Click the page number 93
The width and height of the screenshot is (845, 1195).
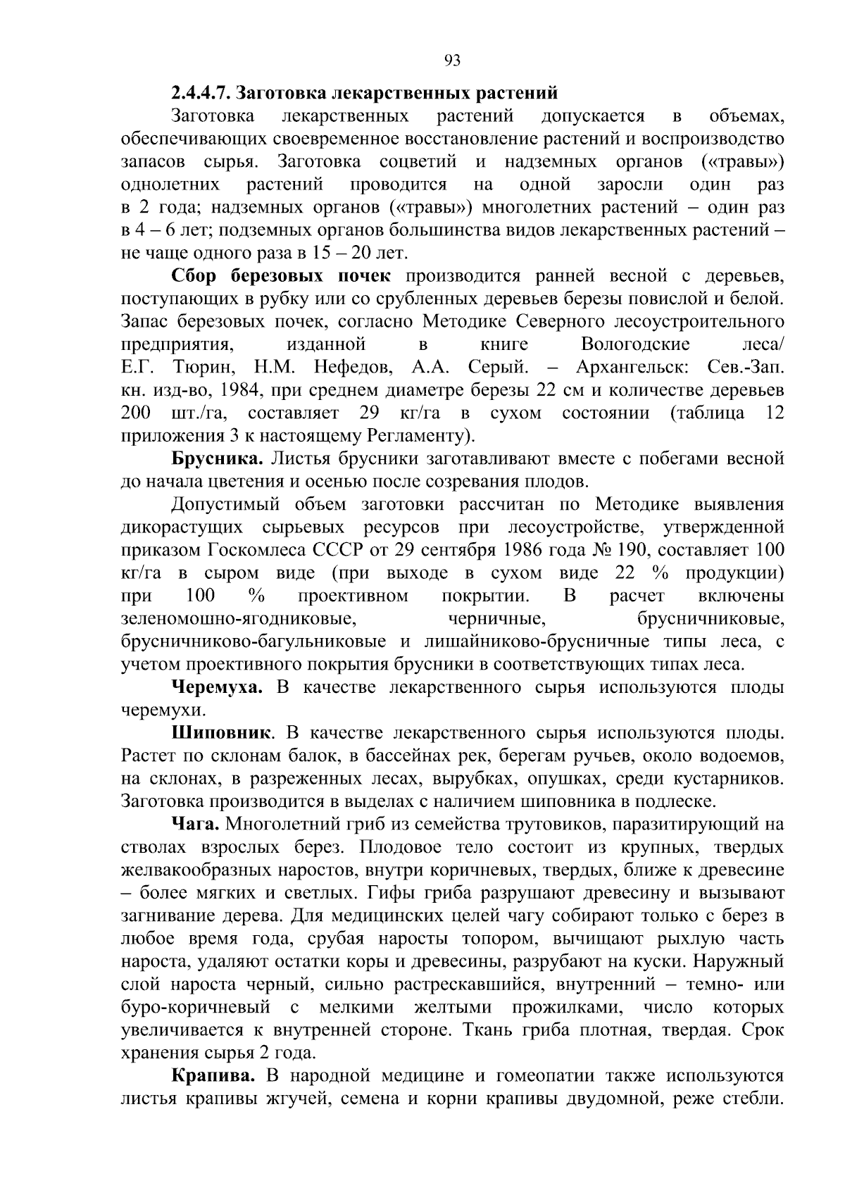coord(453,61)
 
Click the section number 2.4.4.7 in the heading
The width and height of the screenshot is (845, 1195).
coord(201,94)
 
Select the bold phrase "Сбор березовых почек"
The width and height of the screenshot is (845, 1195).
coord(281,276)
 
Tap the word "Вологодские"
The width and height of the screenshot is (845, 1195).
coord(635,345)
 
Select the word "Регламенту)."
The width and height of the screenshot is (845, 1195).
coord(421,437)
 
